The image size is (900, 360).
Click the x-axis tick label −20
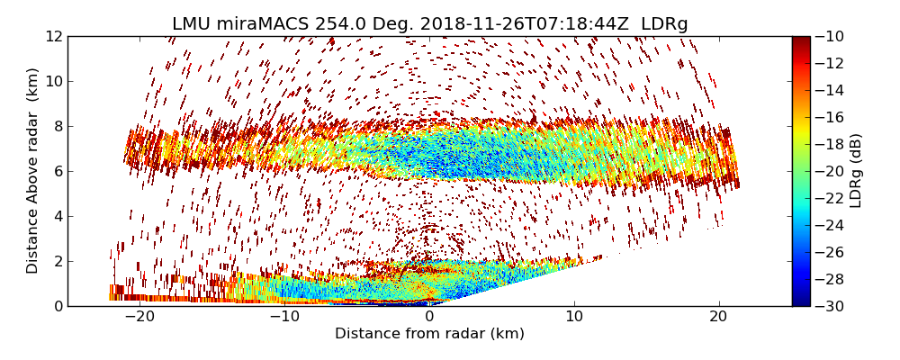click(138, 317)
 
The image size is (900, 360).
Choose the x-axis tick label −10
click(283, 317)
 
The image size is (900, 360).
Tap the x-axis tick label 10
click(574, 317)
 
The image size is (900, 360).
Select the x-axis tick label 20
click(719, 317)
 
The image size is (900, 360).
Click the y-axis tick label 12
click(54, 37)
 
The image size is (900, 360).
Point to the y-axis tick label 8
click(58, 127)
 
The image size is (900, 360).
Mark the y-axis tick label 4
click(58, 217)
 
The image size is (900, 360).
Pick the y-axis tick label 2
click(58, 262)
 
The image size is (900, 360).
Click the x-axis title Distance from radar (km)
click(429, 334)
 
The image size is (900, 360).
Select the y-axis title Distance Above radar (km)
click(33, 171)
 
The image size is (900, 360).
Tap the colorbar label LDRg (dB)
click(856, 171)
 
